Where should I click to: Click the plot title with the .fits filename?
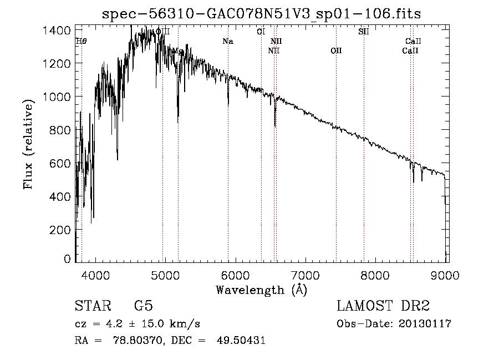click(261, 14)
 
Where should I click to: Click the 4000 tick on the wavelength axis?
click(95, 275)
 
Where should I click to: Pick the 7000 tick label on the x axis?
click(305, 275)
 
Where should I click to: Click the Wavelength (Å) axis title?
click(261, 290)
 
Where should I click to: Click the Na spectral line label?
click(227, 42)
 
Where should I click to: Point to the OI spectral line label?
click(261, 32)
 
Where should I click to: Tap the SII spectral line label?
click(363, 32)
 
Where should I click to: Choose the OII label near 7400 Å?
click(336, 51)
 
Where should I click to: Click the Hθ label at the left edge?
click(81, 42)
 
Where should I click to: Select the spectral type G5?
click(143, 306)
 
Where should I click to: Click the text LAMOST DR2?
click(383, 306)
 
